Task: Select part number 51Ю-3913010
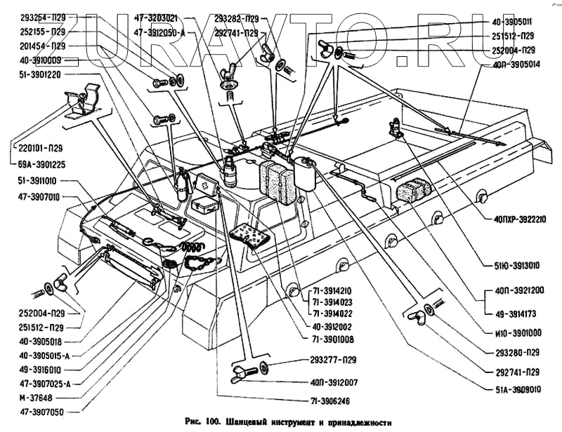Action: tap(517, 265)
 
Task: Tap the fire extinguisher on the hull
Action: tap(181, 184)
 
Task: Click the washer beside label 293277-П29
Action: tap(264, 367)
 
